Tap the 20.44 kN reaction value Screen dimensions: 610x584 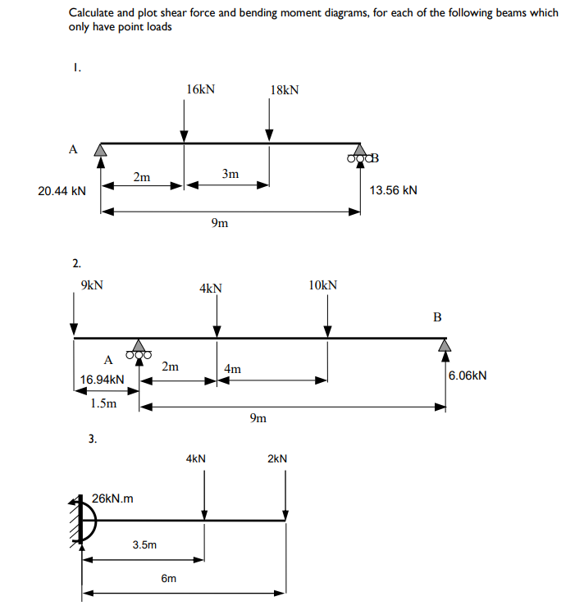point(62,191)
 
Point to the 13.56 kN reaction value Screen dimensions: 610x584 point(394,190)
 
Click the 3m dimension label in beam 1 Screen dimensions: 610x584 point(230,174)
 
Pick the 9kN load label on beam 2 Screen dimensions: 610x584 point(92,285)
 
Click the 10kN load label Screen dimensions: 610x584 point(322,285)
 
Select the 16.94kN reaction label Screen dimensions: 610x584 point(103,380)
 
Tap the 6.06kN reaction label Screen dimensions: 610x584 point(468,376)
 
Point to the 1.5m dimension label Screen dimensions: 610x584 point(104,403)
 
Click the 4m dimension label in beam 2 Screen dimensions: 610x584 point(233,369)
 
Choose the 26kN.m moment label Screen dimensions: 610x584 point(114,498)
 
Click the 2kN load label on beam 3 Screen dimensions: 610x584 point(277,459)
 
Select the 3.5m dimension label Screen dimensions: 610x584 point(144,544)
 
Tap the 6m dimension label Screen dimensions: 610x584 point(168,578)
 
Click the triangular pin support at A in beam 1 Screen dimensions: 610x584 point(101,149)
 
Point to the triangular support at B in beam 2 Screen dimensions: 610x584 point(445,345)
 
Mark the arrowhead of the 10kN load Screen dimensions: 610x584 point(327,330)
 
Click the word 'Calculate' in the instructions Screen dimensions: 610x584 point(92,13)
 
